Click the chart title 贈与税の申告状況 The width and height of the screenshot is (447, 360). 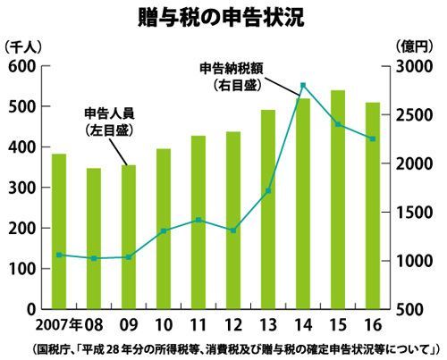pos(221,18)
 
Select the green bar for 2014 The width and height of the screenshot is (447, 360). pos(303,204)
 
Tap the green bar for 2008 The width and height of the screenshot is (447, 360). pos(94,239)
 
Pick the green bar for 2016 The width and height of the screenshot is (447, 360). pos(373,205)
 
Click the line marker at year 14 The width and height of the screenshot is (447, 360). pos(303,86)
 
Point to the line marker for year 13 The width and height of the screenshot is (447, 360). pos(268,190)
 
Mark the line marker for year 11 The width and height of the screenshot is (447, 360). pos(198,220)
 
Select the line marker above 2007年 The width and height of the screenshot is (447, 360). pos(59,255)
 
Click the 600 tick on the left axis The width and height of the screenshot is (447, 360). pos(22,66)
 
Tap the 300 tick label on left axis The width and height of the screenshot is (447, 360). pos(22,188)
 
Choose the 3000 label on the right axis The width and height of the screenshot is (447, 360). pos(414,67)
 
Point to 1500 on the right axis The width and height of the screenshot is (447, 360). pos(414,213)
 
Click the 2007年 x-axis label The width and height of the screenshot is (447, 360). pos(59,325)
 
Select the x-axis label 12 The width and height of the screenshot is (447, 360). pos(233,325)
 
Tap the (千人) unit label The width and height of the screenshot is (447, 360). pos(22,47)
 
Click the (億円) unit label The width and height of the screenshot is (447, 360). pos(413,46)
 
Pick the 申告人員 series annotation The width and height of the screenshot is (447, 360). pos(109,113)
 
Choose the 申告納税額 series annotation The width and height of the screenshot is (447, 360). pos(232,69)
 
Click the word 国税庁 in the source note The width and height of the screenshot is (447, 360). pos(53,349)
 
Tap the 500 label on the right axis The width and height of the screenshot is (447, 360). pos(409,310)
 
